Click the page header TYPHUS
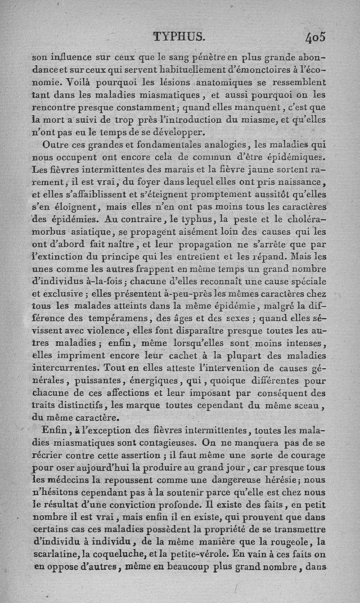[x=179, y=36]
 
